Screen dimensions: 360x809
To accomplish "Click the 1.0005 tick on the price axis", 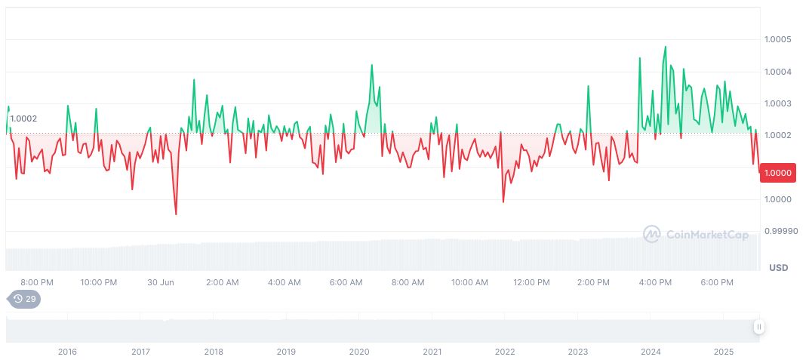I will tap(777, 39).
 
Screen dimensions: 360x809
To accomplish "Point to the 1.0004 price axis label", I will tap(777, 72).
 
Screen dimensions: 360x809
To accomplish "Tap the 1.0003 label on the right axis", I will tap(777, 103).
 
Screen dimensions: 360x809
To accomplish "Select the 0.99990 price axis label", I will tap(780, 231).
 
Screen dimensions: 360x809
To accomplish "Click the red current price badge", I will tap(777, 173).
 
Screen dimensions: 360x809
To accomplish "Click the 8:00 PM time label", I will tap(36, 282).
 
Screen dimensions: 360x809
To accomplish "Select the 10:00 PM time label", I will tap(98, 282).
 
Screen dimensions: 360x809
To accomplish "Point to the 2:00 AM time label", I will tap(222, 282).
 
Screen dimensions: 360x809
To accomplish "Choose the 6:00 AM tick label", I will tap(346, 282).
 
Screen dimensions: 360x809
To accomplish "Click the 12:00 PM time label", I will tap(531, 282).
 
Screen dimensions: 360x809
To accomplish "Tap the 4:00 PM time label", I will tap(655, 282).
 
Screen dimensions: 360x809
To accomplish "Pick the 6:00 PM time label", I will tap(717, 282).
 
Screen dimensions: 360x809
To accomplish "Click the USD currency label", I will tap(778, 268).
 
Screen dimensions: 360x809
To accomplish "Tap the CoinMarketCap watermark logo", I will tap(696, 235).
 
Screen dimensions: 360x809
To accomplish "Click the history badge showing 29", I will tap(25, 299).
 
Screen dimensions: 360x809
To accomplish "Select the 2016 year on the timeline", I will tap(67, 352).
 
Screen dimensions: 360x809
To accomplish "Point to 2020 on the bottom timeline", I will tap(359, 352).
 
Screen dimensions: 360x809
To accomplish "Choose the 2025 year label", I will tap(724, 352).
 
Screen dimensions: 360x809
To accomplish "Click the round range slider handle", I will tap(758, 327).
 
